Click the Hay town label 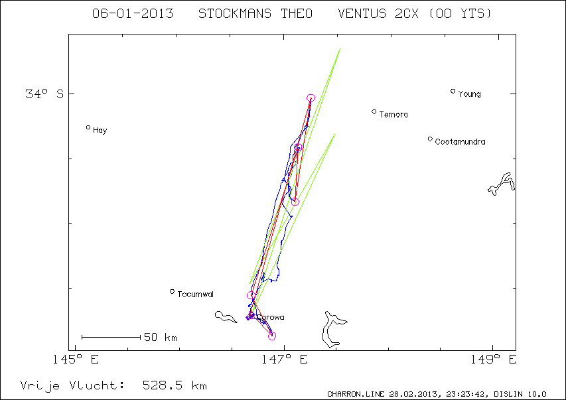click(100, 131)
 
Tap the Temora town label click(393, 115)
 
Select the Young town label click(469, 94)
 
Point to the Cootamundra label click(460, 142)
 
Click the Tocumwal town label click(195, 295)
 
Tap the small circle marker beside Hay click(88, 127)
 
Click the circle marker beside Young click(453, 92)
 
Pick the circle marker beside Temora click(374, 112)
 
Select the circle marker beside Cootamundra click(430, 139)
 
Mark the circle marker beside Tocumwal click(172, 291)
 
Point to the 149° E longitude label click(494, 360)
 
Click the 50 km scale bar click(111, 337)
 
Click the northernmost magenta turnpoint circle click(311, 98)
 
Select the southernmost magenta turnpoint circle click(272, 336)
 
